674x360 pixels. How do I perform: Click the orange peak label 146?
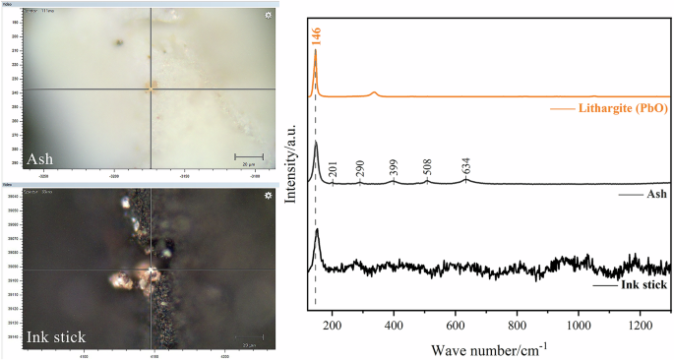(316, 31)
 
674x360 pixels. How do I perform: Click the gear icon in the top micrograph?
(269, 16)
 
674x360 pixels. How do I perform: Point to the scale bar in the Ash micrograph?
(248, 155)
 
